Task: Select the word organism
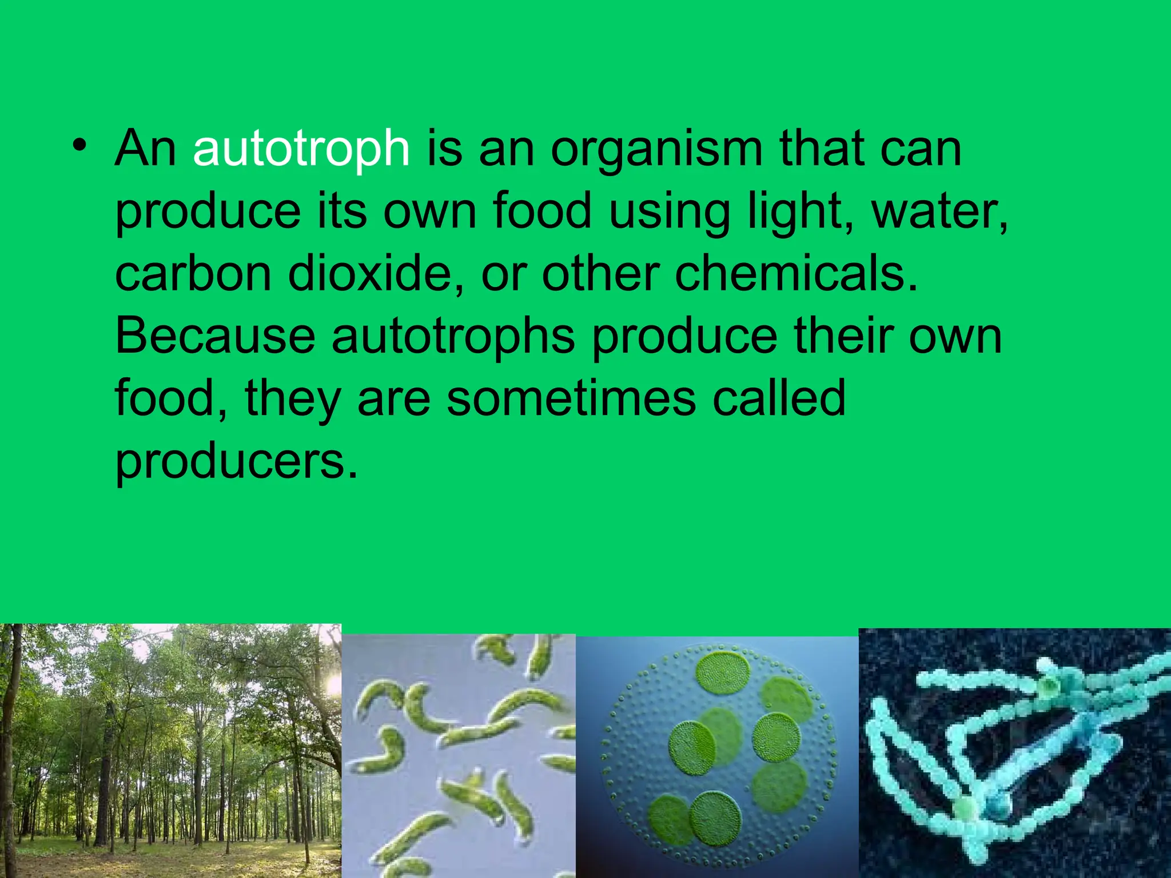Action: pos(656,150)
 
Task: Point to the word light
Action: pos(800,211)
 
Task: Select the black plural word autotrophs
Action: pos(453,337)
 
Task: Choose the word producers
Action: pos(236,462)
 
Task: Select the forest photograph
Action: pos(170,751)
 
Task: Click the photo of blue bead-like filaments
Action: pos(1014,753)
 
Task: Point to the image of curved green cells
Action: pos(459,756)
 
